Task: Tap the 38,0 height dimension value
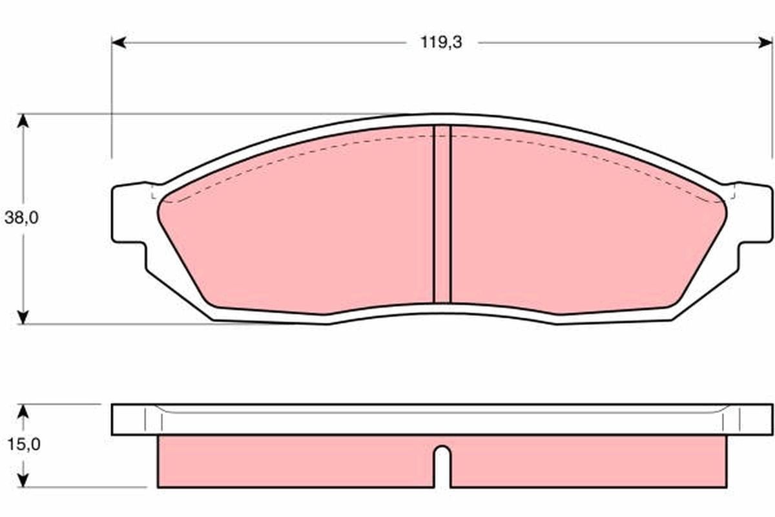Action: tap(22, 218)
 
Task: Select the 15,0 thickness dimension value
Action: tap(22, 445)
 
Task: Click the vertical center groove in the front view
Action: tap(442, 213)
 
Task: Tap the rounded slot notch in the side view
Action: tap(442, 462)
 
